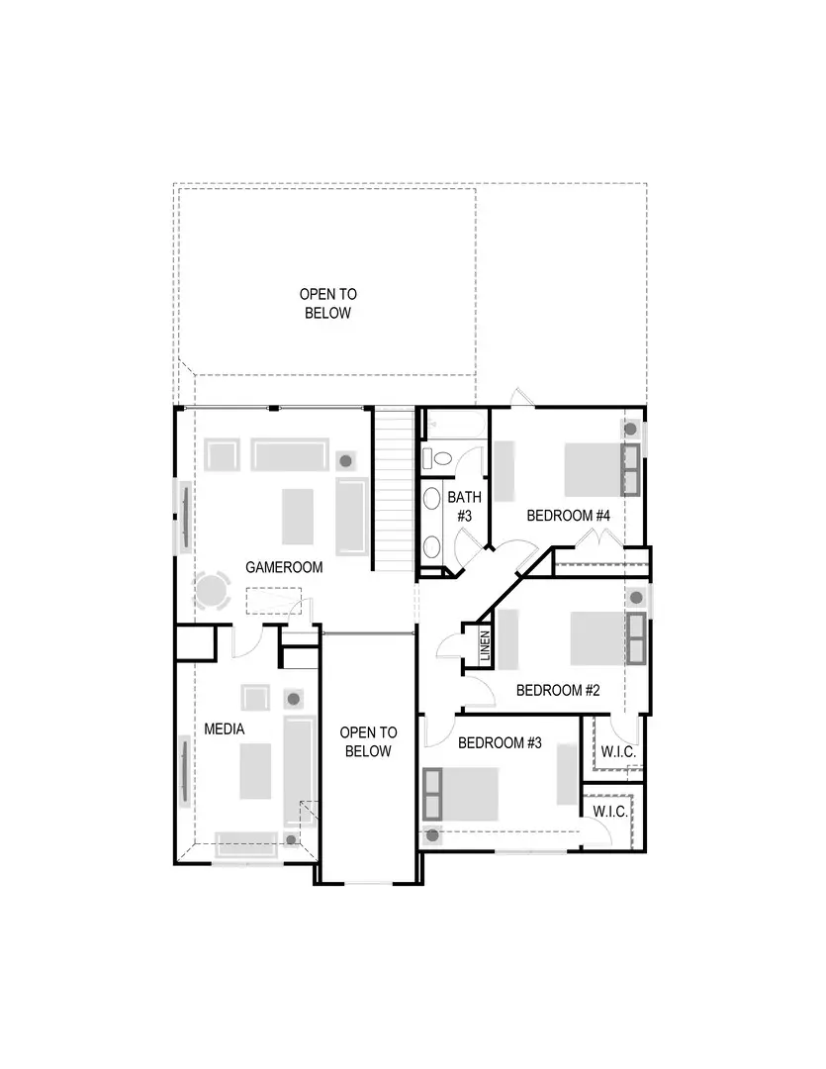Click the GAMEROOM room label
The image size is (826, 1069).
284,568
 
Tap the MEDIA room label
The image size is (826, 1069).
224,729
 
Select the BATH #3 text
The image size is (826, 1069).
463,506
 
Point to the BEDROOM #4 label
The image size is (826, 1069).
568,516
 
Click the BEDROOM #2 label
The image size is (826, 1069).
558,690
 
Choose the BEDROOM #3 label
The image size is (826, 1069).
500,742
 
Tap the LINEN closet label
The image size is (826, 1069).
485,647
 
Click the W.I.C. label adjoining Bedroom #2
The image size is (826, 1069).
618,752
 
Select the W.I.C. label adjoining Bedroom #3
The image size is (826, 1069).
610,811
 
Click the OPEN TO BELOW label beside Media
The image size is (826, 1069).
368,741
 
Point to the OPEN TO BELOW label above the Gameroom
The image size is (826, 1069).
328,303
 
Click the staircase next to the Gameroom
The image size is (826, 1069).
394,490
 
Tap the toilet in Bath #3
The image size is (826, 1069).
435,458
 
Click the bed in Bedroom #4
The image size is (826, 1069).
592,469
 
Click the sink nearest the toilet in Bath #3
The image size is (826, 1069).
433,497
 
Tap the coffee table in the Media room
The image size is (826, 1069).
255,772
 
